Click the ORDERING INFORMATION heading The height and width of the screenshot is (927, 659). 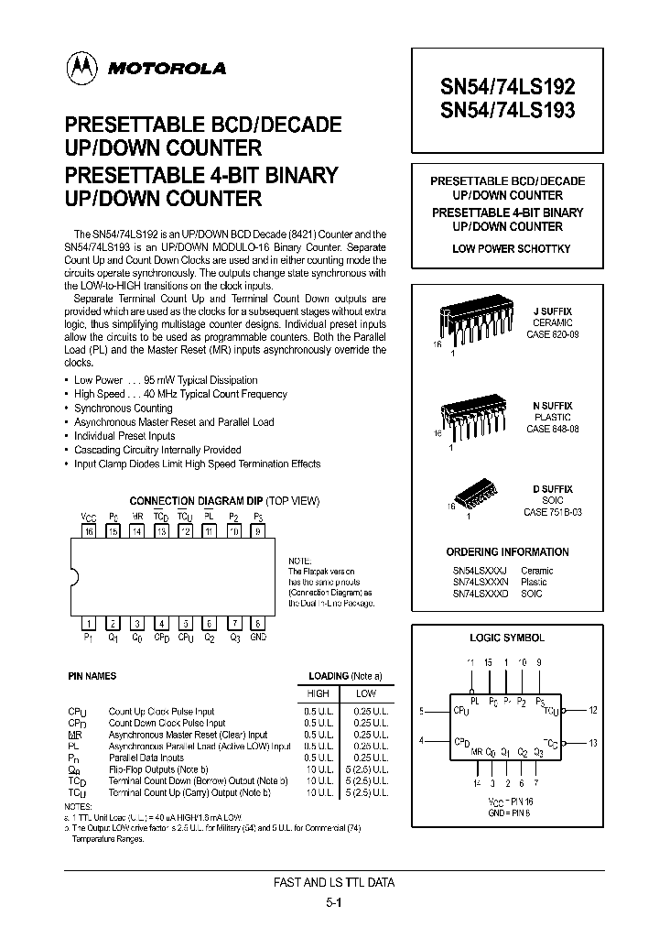(x=507, y=552)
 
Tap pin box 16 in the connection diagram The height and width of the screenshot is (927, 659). (x=89, y=530)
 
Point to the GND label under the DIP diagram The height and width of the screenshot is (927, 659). (x=259, y=637)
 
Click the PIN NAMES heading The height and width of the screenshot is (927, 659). (x=92, y=676)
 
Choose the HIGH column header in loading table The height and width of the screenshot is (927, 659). (x=316, y=693)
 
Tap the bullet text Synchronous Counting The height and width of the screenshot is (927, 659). (x=124, y=408)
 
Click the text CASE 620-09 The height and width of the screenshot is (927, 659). (x=553, y=335)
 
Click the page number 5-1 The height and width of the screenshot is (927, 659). (x=333, y=901)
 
